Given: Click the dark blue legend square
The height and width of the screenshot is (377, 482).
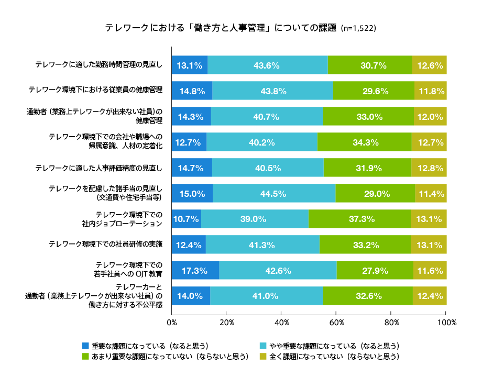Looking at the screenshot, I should [x=85, y=346].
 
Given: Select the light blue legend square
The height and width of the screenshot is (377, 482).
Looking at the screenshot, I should [x=263, y=346].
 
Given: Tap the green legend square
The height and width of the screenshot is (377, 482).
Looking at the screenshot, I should [x=85, y=356].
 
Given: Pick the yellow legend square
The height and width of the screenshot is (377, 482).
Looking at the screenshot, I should [x=263, y=356].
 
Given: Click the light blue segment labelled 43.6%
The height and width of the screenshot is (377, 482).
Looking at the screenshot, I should [x=267, y=65].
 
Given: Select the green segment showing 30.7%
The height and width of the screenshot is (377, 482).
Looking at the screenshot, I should [x=370, y=65].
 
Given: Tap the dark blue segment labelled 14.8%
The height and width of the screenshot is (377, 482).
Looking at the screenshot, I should [x=192, y=91].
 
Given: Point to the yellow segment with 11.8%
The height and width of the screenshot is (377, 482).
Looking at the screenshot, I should [x=431, y=91].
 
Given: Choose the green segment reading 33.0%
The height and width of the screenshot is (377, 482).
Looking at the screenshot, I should [x=368, y=116].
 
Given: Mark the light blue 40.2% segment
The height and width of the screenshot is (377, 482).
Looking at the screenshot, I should [x=262, y=142].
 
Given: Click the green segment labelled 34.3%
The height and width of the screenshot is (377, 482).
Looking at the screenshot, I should [x=364, y=142].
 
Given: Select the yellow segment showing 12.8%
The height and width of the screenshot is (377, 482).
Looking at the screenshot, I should [x=429, y=168].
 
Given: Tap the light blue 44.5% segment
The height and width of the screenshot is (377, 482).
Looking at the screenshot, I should [x=274, y=193].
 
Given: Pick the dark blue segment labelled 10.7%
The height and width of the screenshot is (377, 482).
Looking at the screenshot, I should [x=186, y=219].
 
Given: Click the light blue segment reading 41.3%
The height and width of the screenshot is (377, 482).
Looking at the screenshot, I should [x=262, y=245].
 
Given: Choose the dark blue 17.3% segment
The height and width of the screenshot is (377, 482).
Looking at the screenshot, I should [x=195, y=270].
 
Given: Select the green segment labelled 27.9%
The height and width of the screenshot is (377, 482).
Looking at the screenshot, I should [x=375, y=270].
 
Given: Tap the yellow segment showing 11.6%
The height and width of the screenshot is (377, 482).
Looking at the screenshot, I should [x=431, y=270].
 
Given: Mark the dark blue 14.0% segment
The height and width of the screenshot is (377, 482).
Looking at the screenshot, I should [x=191, y=296].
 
